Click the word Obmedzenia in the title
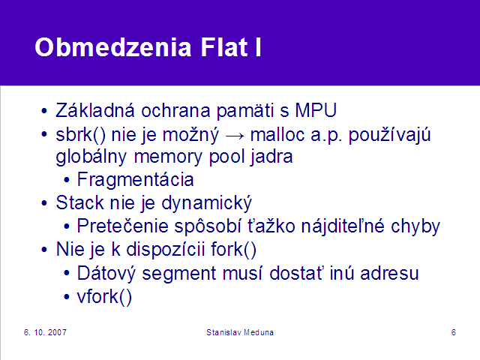tap(113, 47)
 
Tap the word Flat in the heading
tap(224, 47)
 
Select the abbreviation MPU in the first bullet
tap(316, 110)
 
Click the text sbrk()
tap(81, 135)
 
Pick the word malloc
tap(277, 135)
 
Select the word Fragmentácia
tap(135, 179)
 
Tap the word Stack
tap(80, 202)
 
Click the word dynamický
tap(207, 203)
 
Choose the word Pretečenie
tap(123, 226)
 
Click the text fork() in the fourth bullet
tap(233, 250)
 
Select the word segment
tap(179, 274)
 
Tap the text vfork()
tap(104, 297)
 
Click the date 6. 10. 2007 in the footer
tap(45, 332)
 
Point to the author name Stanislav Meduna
tap(240, 332)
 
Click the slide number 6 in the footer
tap(454, 332)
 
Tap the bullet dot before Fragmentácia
tap(67, 180)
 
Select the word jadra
tap(271, 157)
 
